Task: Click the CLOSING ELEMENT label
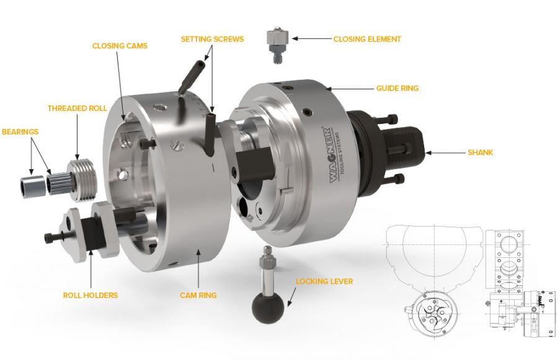pyautogui.click(x=367, y=39)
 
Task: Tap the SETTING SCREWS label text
pyautogui.click(x=212, y=39)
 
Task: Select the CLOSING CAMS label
pyautogui.click(x=120, y=46)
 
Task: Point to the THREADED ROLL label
pyautogui.click(x=77, y=108)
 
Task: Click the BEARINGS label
pyautogui.click(x=20, y=131)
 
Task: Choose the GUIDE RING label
pyautogui.click(x=397, y=88)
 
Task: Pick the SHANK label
pyautogui.click(x=480, y=152)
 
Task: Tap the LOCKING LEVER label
pyautogui.click(x=324, y=281)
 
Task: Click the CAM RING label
pyautogui.click(x=198, y=296)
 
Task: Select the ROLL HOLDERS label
pyautogui.click(x=90, y=296)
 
